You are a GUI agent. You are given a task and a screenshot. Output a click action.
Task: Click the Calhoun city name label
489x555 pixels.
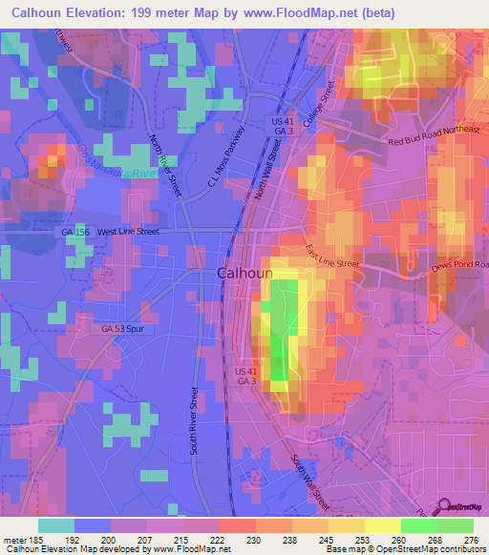click(245, 273)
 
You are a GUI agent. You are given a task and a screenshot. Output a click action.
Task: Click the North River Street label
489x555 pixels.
click(165, 165)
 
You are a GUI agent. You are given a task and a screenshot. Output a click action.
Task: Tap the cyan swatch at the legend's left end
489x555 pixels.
click(55, 524)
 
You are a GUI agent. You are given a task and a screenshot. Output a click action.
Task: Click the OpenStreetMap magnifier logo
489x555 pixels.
click(445, 506)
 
